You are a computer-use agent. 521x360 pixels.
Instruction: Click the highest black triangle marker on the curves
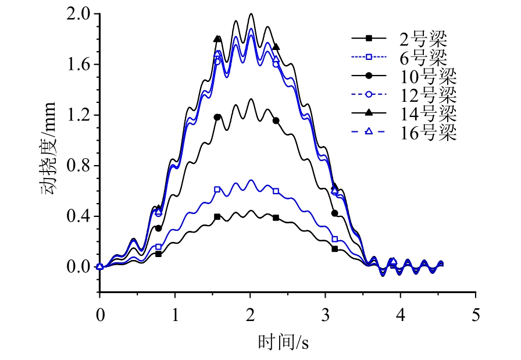217,39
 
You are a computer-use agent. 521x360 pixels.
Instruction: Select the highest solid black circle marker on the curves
217,117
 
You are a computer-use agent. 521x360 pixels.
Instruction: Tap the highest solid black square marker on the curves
217,216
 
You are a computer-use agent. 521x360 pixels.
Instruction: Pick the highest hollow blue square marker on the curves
217,190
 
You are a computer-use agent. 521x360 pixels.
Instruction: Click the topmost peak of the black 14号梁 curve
251,14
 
